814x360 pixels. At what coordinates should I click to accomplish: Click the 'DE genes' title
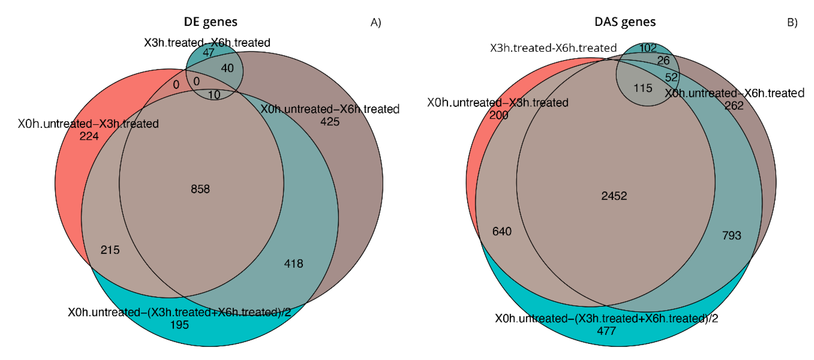[x=210, y=22]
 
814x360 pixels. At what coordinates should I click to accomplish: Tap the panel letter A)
[x=376, y=22]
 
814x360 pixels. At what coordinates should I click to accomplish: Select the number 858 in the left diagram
[x=200, y=189]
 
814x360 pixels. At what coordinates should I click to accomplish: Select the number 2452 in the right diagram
[x=614, y=196]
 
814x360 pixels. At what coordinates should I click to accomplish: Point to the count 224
[x=89, y=136]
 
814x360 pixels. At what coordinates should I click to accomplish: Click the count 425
[x=330, y=122]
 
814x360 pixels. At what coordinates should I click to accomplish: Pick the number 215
[x=110, y=250]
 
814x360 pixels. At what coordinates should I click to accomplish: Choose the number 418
[x=293, y=264]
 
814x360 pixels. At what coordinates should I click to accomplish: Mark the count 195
[x=179, y=325]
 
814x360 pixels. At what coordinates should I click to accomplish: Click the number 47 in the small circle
[x=208, y=53]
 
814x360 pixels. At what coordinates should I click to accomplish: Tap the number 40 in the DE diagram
[x=227, y=68]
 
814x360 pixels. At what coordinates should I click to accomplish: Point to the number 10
[x=214, y=95]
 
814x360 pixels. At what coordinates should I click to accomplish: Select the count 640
[x=502, y=231]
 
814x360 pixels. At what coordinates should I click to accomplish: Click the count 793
[x=732, y=236]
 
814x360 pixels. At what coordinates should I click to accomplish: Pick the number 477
[x=606, y=331]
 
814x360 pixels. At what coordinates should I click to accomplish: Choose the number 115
[x=643, y=88]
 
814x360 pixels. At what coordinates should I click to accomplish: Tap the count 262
[x=734, y=106]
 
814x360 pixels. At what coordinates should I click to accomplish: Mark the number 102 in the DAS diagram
[x=648, y=48]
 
